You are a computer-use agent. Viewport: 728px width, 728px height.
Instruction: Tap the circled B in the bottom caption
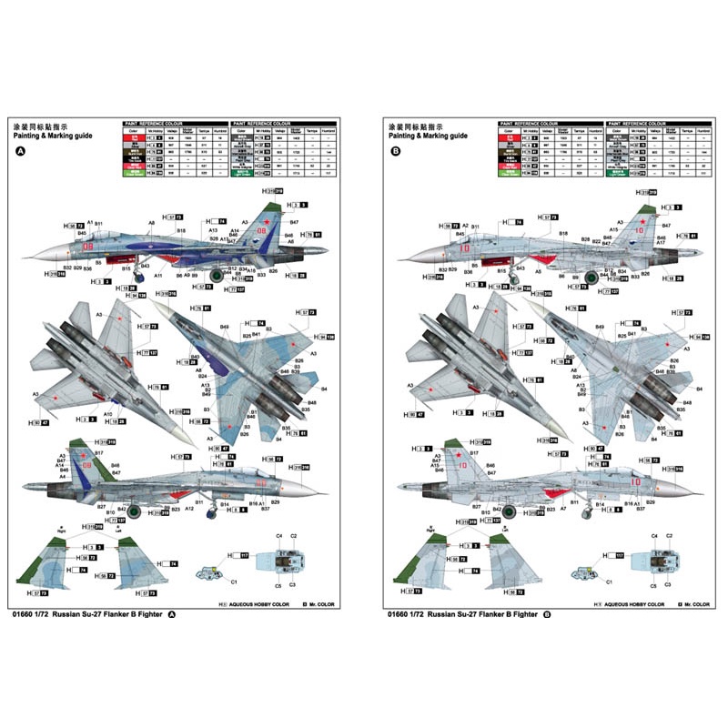pyautogui.click(x=547, y=615)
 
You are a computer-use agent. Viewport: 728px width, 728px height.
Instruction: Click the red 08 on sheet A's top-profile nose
pyautogui.click(x=88, y=247)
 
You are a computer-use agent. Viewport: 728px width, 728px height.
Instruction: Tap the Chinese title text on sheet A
pyautogui.click(x=35, y=125)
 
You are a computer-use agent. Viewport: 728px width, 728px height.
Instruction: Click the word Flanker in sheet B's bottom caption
pyautogui.click(x=489, y=615)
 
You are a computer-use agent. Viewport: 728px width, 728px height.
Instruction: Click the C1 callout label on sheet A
pyautogui.click(x=233, y=581)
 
